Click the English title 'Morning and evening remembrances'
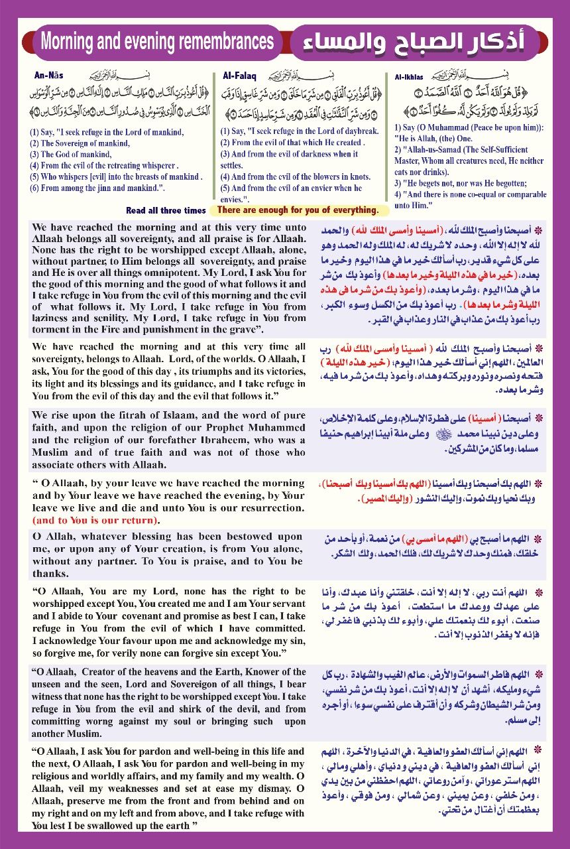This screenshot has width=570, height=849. click(x=157, y=42)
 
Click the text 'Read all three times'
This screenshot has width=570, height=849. click(x=166, y=210)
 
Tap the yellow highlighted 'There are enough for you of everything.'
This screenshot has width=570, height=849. click(x=298, y=210)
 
